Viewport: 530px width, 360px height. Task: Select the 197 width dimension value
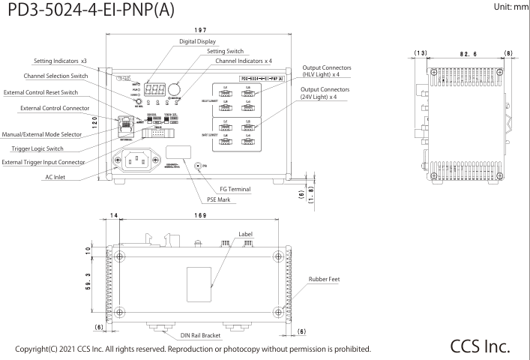[199, 31]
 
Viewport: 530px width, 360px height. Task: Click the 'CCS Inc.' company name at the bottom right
[481, 346]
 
